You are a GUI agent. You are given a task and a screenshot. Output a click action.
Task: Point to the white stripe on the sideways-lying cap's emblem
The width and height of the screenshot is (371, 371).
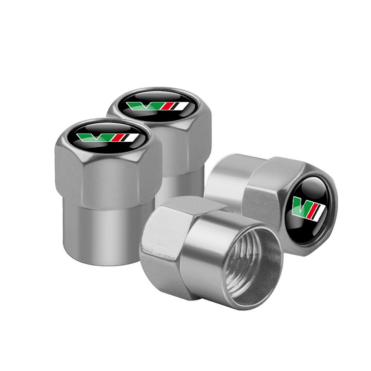click(321, 211)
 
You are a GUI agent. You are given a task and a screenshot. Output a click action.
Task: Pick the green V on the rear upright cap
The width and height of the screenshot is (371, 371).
click(145, 106)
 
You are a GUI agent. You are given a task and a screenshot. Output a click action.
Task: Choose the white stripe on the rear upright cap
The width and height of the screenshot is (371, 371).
click(181, 106)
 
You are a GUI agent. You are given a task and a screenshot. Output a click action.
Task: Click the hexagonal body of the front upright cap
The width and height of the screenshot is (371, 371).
click(108, 178)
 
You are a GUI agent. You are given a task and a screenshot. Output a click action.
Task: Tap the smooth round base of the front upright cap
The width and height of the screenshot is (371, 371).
click(108, 230)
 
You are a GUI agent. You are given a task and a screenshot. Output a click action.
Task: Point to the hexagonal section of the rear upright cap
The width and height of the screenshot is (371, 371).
click(185, 145)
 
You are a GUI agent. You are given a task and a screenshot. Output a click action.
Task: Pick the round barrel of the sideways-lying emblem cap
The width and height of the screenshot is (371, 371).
click(226, 178)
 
